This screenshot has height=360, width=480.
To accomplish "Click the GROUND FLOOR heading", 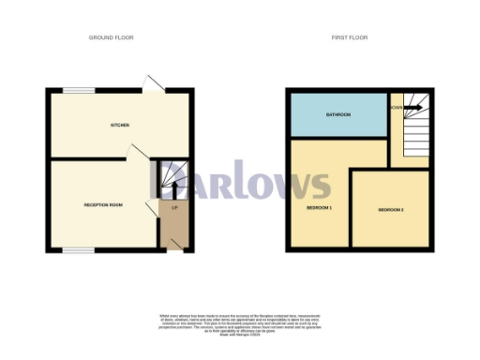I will click(112, 37).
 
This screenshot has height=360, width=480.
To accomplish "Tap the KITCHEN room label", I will click(119, 125).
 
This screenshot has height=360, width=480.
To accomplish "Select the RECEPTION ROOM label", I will click(103, 204).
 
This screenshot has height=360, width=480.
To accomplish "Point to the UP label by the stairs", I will click(173, 207).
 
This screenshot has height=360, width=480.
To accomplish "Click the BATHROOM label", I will click(338, 114).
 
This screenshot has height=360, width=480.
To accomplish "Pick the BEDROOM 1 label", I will click(319, 207).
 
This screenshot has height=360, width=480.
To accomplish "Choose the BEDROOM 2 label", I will click(391, 210).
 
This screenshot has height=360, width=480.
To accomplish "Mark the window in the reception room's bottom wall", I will click(78, 250).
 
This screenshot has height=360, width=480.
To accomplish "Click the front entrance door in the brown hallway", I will click(176, 244).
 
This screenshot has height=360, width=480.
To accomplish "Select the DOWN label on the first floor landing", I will click(396, 107).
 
